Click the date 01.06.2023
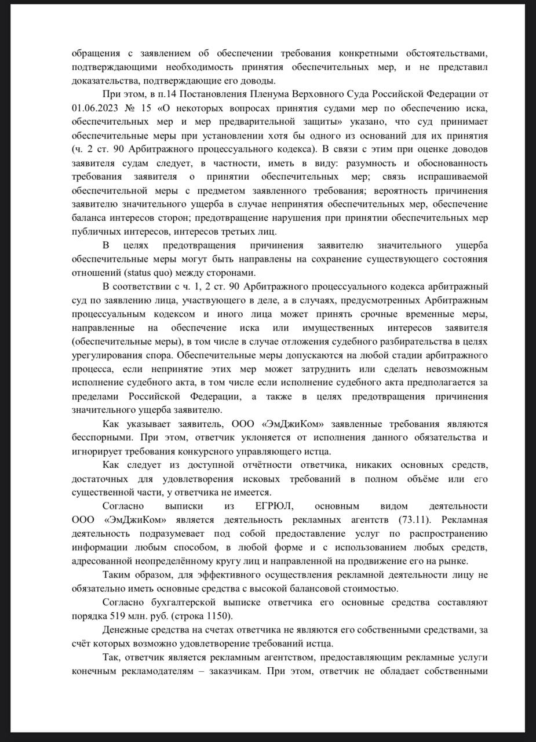pyautogui.click(x=96, y=108)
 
